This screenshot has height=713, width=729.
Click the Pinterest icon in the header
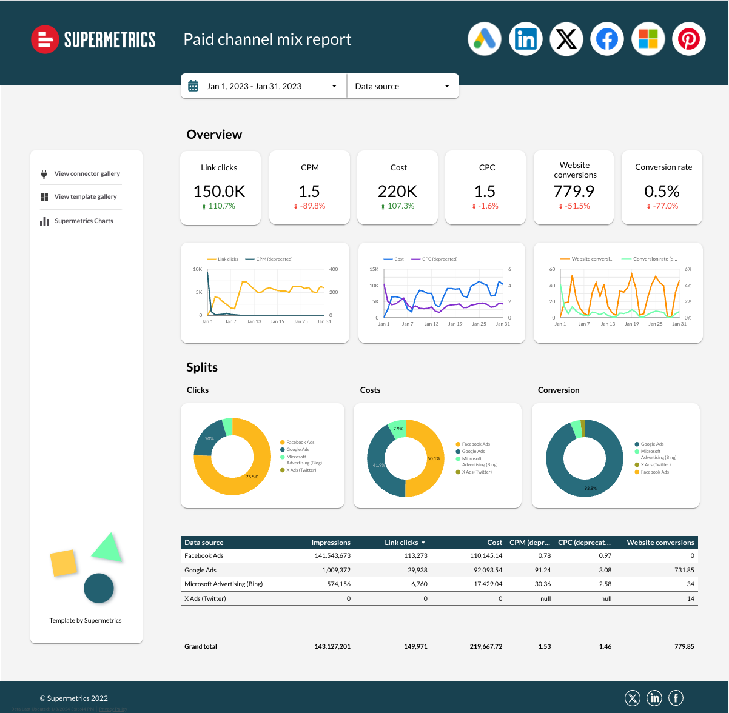click(x=688, y=39)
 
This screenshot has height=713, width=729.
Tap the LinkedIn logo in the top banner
click(x=525, y=39)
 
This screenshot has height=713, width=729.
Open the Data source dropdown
click(x=403, y=86)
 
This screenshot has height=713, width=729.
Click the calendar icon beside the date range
click(x=193, y=86)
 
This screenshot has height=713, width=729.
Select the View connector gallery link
click(x=87, y=174)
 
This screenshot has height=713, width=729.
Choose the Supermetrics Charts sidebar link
click(x=84, y=221)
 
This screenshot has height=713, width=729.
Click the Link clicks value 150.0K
click(x=219, y=192)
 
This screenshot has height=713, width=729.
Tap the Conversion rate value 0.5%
click(x=662, y=192)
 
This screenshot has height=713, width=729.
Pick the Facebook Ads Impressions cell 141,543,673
click(x=332, y=555)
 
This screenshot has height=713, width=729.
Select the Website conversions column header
click(x=660, y=543)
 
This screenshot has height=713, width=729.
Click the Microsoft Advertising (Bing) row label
click(x=224, y=584)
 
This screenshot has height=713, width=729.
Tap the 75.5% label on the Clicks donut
click(x=252, y=477)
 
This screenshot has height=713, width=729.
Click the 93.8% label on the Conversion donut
click(x=590, y=488)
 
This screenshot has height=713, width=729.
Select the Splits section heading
click(x=202, y=367)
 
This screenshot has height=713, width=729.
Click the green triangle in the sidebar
click(x=109, y=548)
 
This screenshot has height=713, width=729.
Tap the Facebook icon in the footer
click(x=676, y=698)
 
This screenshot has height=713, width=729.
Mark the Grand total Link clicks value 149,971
click(x=415, y=646)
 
